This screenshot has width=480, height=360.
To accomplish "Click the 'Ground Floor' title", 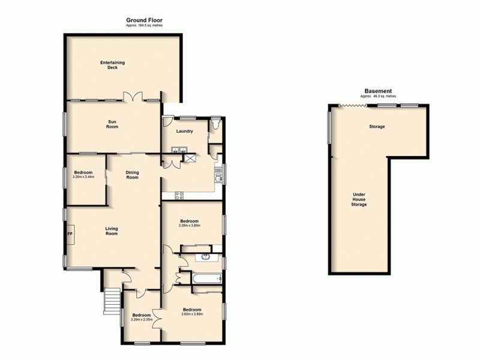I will coord(144,20).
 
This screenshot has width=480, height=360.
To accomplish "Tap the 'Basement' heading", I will coord(378,91).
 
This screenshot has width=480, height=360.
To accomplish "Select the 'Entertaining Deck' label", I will coord(109,65).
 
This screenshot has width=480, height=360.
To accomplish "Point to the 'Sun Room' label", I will coord(112,124).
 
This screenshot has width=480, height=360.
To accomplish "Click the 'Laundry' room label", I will coord(184,131).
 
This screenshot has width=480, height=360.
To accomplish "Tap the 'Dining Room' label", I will coord(132,175).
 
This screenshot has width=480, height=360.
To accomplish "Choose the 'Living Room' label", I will coord(112,230).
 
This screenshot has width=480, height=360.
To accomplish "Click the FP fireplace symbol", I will coord(70,233).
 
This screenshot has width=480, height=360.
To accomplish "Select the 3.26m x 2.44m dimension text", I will coord(84,177).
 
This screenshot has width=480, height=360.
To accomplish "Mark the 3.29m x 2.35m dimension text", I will coord(142,319).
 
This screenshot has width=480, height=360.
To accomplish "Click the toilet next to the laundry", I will coord(216,125).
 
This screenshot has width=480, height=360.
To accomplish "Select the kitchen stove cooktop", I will coord(179,194).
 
